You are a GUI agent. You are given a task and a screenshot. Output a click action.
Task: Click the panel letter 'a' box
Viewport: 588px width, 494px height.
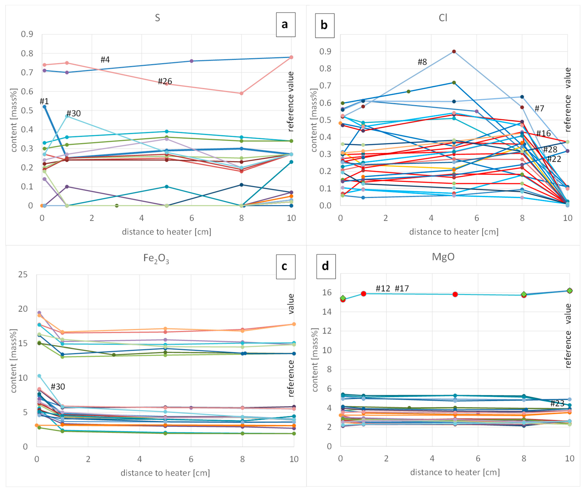coord(285,25)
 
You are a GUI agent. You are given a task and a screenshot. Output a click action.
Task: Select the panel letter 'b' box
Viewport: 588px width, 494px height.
coord(325,25)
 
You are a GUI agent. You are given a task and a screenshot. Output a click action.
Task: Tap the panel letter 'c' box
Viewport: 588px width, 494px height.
coord(285,266)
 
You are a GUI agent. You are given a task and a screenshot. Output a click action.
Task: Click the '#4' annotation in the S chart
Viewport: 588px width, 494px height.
coord(105,60)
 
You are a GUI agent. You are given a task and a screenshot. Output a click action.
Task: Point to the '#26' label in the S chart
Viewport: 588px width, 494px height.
coord(165,81)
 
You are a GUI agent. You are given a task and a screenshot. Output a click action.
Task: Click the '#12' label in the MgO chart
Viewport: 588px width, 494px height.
coord(383,289)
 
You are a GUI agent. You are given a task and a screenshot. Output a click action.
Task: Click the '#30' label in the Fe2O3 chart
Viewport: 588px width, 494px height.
coord(58,387)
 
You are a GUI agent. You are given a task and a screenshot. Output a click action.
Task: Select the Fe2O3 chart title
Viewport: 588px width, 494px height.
coord(156,258)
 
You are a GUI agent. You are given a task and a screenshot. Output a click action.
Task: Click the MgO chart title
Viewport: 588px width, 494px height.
coord(443,257)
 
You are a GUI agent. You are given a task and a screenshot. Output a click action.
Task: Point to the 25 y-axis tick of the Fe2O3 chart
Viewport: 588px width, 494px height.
coord(23,274)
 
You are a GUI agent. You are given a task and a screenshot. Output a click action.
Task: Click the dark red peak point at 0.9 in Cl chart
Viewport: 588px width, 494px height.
coord(454,52)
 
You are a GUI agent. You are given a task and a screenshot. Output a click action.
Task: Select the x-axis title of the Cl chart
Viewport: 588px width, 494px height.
coord(454,232)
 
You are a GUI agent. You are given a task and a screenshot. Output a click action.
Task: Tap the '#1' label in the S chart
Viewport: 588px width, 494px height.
coord(44,101)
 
